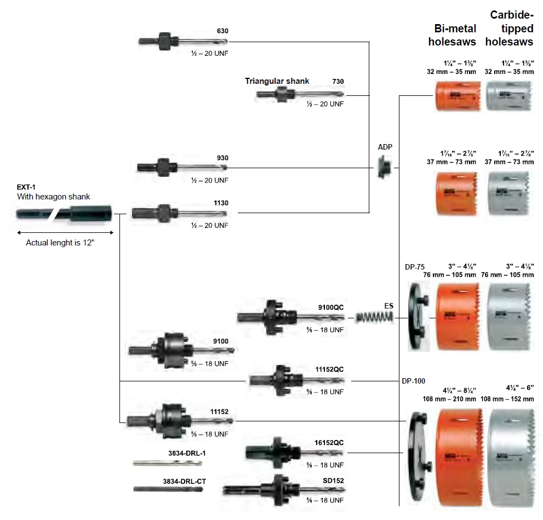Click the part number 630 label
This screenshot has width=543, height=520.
point(222,31)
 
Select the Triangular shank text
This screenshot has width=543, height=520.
point(277,81)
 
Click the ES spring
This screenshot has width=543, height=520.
point(375,317)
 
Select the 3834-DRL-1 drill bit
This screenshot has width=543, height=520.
point(167,463)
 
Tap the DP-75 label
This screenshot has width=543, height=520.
point(415,267)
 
